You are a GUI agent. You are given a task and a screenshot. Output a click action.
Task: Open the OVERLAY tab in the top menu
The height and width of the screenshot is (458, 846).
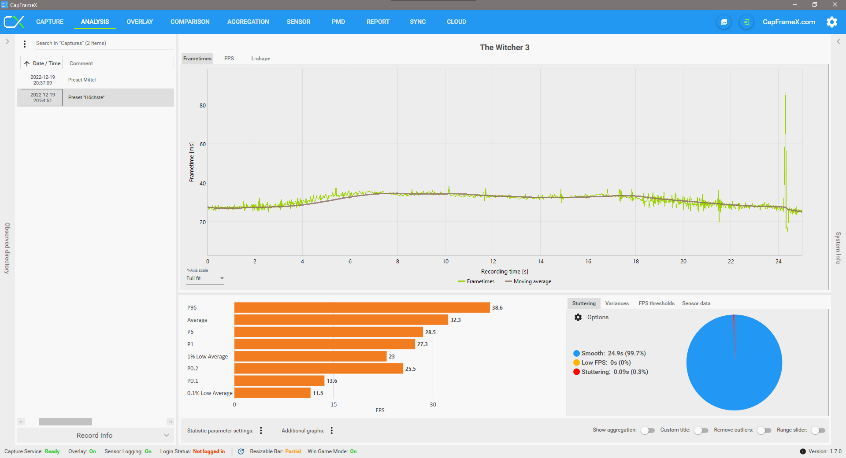[140, 22]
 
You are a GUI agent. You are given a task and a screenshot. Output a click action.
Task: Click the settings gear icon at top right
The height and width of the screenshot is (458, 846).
[831, 22]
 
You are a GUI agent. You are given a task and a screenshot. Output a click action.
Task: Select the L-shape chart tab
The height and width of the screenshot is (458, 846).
[260, 59]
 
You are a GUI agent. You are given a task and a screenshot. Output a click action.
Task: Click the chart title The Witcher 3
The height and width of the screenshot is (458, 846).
[505, 48]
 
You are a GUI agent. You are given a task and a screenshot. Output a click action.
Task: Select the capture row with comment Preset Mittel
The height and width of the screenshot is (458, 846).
[82, 80]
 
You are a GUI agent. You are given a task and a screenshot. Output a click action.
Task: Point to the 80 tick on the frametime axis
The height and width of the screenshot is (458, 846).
[203, 106]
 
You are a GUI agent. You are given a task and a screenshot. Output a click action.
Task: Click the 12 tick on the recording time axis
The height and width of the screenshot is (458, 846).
[493, 262]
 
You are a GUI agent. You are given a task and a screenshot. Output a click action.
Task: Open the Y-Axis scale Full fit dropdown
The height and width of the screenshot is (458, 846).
[205, 278]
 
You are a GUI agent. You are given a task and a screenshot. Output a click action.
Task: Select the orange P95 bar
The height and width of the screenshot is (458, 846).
[362, 307]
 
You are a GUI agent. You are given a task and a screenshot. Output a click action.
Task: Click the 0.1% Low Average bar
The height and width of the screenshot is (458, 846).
[272, 393]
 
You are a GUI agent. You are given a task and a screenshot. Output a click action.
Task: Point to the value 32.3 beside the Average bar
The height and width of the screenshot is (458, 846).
[455, 320]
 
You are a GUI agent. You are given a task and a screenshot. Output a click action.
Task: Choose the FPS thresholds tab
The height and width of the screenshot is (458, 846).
[656, 303]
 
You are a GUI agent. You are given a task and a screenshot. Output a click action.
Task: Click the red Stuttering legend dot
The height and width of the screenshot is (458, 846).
[576, 372]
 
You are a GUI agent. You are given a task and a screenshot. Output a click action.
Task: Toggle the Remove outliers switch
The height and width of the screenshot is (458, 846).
[764, 430]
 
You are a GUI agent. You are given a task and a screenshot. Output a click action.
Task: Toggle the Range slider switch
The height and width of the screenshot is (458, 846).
[818, 430]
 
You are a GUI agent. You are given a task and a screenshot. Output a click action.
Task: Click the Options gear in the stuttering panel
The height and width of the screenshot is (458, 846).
[578, 317]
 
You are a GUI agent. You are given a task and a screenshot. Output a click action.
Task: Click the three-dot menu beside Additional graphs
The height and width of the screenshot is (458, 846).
[332, 431]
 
